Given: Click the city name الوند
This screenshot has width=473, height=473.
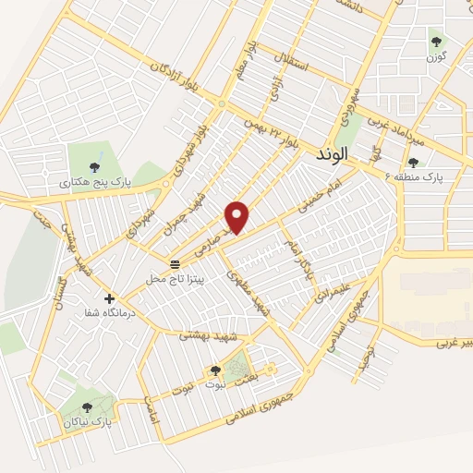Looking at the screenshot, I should (330, 155).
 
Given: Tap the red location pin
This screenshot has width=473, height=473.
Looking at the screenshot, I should (238, 216).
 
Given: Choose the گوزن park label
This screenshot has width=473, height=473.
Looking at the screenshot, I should (436, 57).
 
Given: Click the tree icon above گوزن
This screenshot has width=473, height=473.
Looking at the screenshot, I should (436, 41).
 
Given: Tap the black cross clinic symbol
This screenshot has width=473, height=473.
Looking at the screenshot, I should (110, 299).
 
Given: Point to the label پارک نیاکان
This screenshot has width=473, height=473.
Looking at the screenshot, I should (88, 421).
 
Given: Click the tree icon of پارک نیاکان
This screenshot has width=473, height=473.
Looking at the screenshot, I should (87, 406).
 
